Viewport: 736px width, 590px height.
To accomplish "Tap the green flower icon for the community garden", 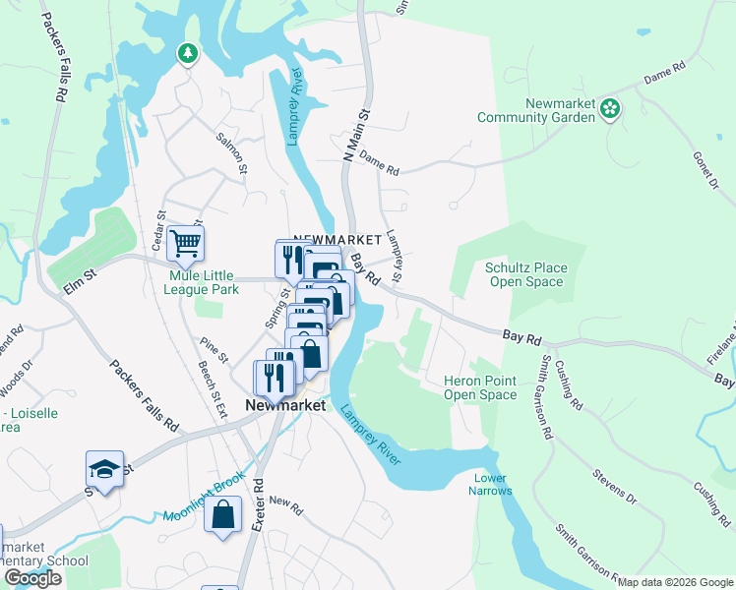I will click(x=611, y=108).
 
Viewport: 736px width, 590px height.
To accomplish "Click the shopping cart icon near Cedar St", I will click(x=185, y=242).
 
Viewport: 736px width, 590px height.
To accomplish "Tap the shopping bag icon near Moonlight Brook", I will click(x=223, y=515).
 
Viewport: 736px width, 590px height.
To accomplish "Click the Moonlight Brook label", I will click(x=204, y=499).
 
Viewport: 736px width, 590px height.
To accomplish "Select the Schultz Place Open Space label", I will click(x=525, y=274).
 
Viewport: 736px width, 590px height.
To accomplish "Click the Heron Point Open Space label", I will click(x=480, y=387).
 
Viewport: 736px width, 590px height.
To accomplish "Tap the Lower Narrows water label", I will click(x=489, y=485).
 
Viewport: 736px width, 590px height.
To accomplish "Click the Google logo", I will click(x=32, y=578).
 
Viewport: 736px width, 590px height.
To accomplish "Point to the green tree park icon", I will click(x=187, y=52).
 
